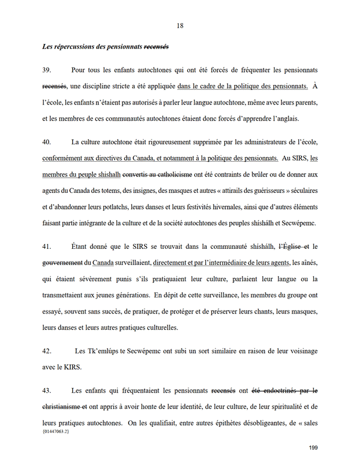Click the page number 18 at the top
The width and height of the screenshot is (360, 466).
[180, 25]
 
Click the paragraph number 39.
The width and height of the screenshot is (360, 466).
[47, 70]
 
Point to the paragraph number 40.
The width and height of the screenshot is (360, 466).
[47, 141]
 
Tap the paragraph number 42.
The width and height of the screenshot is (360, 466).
[47, 351]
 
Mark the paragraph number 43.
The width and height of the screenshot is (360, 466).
[47, 390]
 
